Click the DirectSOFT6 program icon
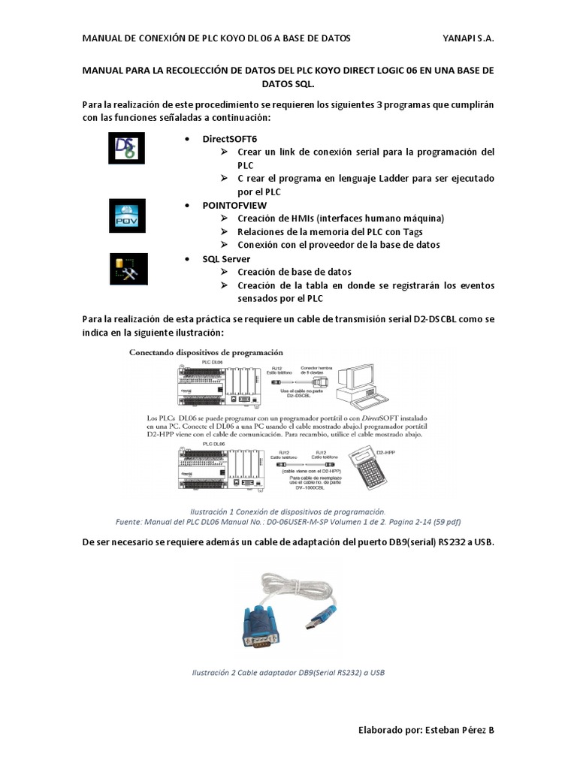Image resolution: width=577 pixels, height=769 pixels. (x=126, y=149)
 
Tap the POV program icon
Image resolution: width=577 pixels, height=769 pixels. (x=126, y=215)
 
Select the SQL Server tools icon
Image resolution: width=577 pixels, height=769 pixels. (x=126, y=268)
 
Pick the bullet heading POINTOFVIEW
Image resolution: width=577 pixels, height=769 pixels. (x=234, y=205)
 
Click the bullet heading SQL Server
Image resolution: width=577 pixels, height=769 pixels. (x=226, y=258)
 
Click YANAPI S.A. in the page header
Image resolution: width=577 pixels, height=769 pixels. (x=469, y=38)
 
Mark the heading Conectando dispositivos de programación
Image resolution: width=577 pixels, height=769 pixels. (x=207, y=351)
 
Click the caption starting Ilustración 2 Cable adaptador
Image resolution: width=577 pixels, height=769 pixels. (x=288, y=672)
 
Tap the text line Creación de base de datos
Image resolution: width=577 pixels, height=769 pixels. (x=295, y=272)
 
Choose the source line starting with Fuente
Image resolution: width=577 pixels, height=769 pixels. (x=288, y=520)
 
